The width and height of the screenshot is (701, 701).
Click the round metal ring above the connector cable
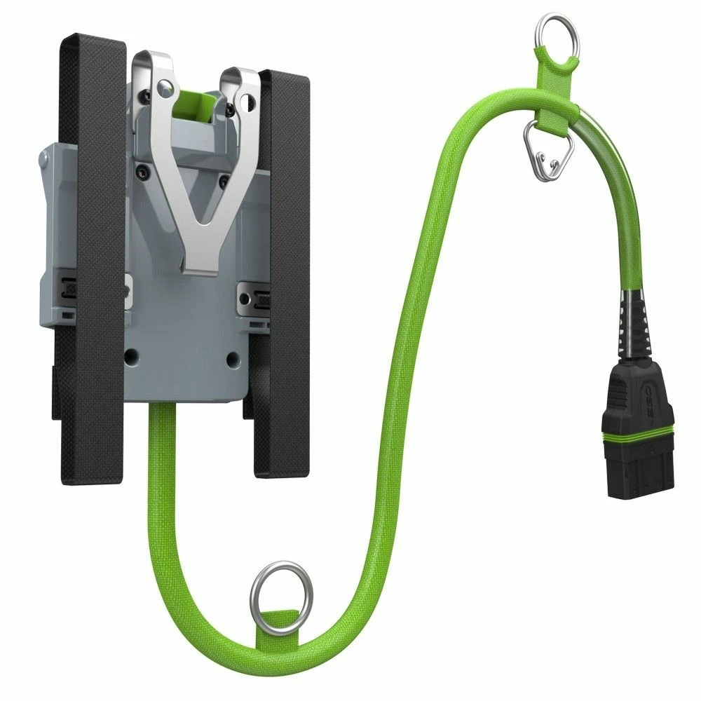tap(550, 33)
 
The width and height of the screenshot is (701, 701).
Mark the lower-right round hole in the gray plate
tap(230, 359)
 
